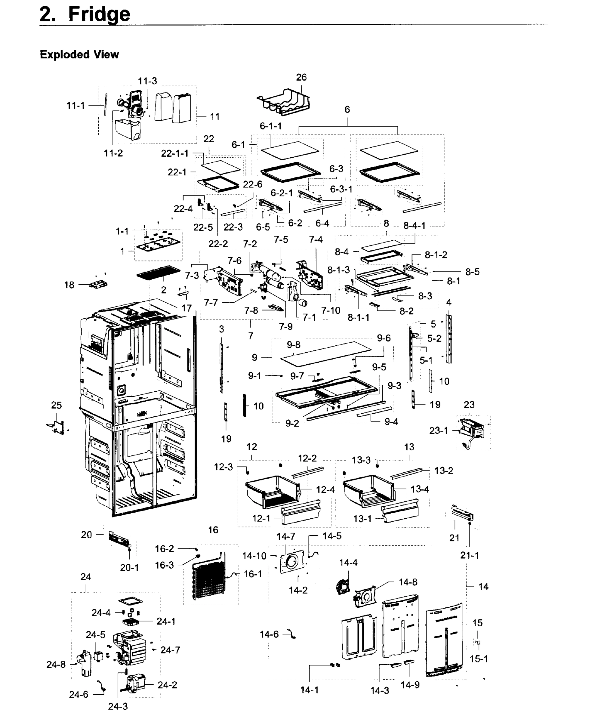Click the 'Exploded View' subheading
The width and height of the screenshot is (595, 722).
79,54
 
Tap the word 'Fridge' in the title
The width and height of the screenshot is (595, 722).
99,14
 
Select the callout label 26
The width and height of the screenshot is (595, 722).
301,78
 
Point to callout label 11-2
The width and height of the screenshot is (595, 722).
113,153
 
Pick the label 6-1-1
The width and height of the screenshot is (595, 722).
270,126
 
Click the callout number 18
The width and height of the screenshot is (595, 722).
69,285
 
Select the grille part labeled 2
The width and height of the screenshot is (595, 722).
158,273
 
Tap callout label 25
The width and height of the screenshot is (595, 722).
56,405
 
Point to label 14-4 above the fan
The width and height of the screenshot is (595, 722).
348,563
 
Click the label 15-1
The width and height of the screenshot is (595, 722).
479,659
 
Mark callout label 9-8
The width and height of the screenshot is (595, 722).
293,345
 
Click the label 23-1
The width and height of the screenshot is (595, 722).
438,430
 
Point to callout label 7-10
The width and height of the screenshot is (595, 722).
330,310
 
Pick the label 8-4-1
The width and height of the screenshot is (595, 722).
415,226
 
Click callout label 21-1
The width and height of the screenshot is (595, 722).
469,555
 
